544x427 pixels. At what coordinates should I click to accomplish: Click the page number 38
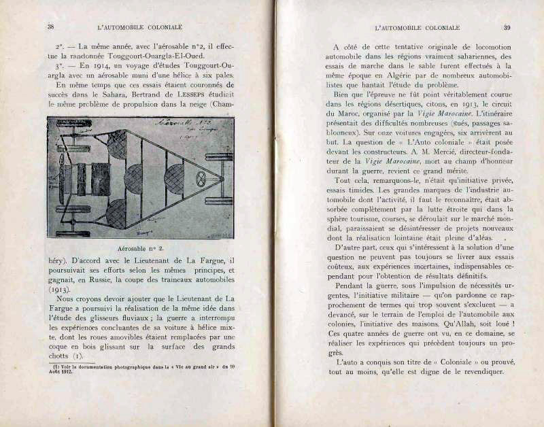pyautogui.click(x=50, y=27)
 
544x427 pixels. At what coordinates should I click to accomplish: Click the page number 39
pyautogui.click(x=507, y=27)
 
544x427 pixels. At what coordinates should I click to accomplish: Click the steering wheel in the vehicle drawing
pyautogui.click(x=201, y=180)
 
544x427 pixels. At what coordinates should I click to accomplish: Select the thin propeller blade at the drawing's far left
pyautogui.click(x=62, y=178)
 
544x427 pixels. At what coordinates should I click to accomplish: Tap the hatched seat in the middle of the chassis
pyautogui.click(x=133, y=179)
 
